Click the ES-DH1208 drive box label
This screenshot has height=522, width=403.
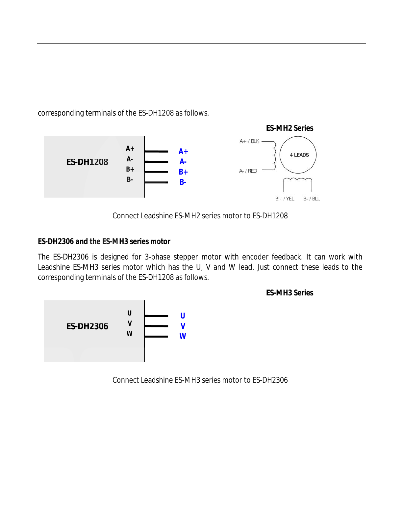pyautogui.click(x=87, y=162)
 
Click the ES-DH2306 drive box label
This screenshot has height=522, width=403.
pyautogui.click(x=87, y=326)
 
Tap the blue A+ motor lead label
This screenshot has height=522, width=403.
pyautogui.click(x=183, y=151)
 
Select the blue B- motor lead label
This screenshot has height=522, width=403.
pyautogui.click(x=183, y=182)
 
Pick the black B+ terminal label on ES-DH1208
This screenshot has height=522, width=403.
pyautogui.click(x=130, y=169)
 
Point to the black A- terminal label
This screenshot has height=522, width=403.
pyautogui.click(x=130, y=159)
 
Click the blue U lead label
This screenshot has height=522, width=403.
pyautogui.click(x=183, y=316)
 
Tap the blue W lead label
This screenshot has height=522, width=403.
pyautogui.click(x=183, y=336)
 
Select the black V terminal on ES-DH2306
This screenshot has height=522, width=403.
pyautogui.click(x=130, y=323)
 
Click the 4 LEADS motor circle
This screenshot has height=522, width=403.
pyautogui.click(x=298, y=155)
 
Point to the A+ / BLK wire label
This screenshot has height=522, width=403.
pyautogui.click(x=249, y=141)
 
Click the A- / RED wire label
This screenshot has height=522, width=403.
pyautogui.click(x=248, y=171)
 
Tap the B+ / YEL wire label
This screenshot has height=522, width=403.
pyautogui.click(x=285, y=199)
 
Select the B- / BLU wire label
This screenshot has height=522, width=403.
pyautogui.click(x=312, y=199)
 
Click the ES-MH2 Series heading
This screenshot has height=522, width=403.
pyautogui.click(x=290, y=128)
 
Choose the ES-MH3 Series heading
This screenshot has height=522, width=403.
pyautogui.click(x=290, y=293)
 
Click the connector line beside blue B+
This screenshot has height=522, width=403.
pyautogui.click(x=156, y=172)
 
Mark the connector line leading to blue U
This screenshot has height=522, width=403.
pyautogui.click(x=156, y=316)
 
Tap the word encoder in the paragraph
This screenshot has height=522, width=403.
pyautogui.click(x=255, y=257)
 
